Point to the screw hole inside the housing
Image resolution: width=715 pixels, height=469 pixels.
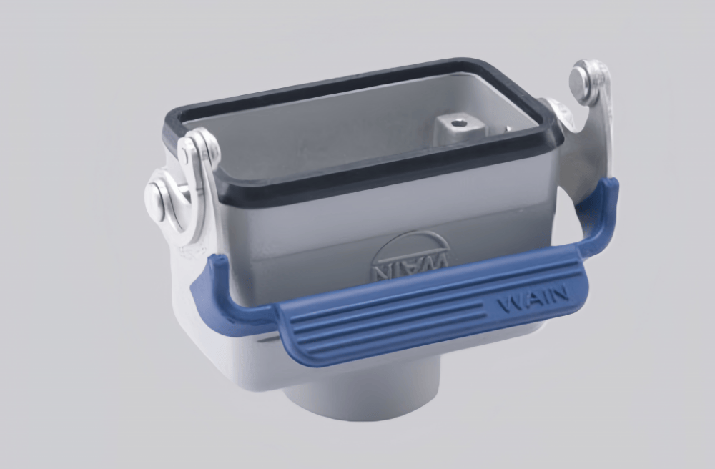click(x=459, y=123)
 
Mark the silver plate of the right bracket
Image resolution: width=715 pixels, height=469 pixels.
click(x=583, y=157)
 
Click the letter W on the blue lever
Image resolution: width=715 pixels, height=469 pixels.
click(x=509, y=304)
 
